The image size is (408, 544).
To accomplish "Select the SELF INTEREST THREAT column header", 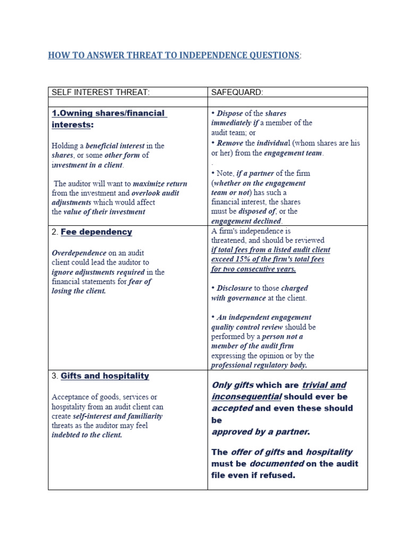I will click(x=100, y=92).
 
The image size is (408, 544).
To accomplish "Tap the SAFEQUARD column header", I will click(x=237, y=92).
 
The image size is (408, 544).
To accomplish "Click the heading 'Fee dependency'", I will click(x=96, y=232).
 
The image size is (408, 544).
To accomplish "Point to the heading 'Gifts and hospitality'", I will click(x=105, y=376).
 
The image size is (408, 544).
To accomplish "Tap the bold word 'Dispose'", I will click(x=229, y=113).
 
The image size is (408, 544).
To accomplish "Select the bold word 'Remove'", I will click(x=229, y=143).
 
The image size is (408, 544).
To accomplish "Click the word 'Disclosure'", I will click(x=234, y=288).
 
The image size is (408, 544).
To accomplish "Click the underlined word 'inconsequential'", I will click(x=246, y=397).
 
